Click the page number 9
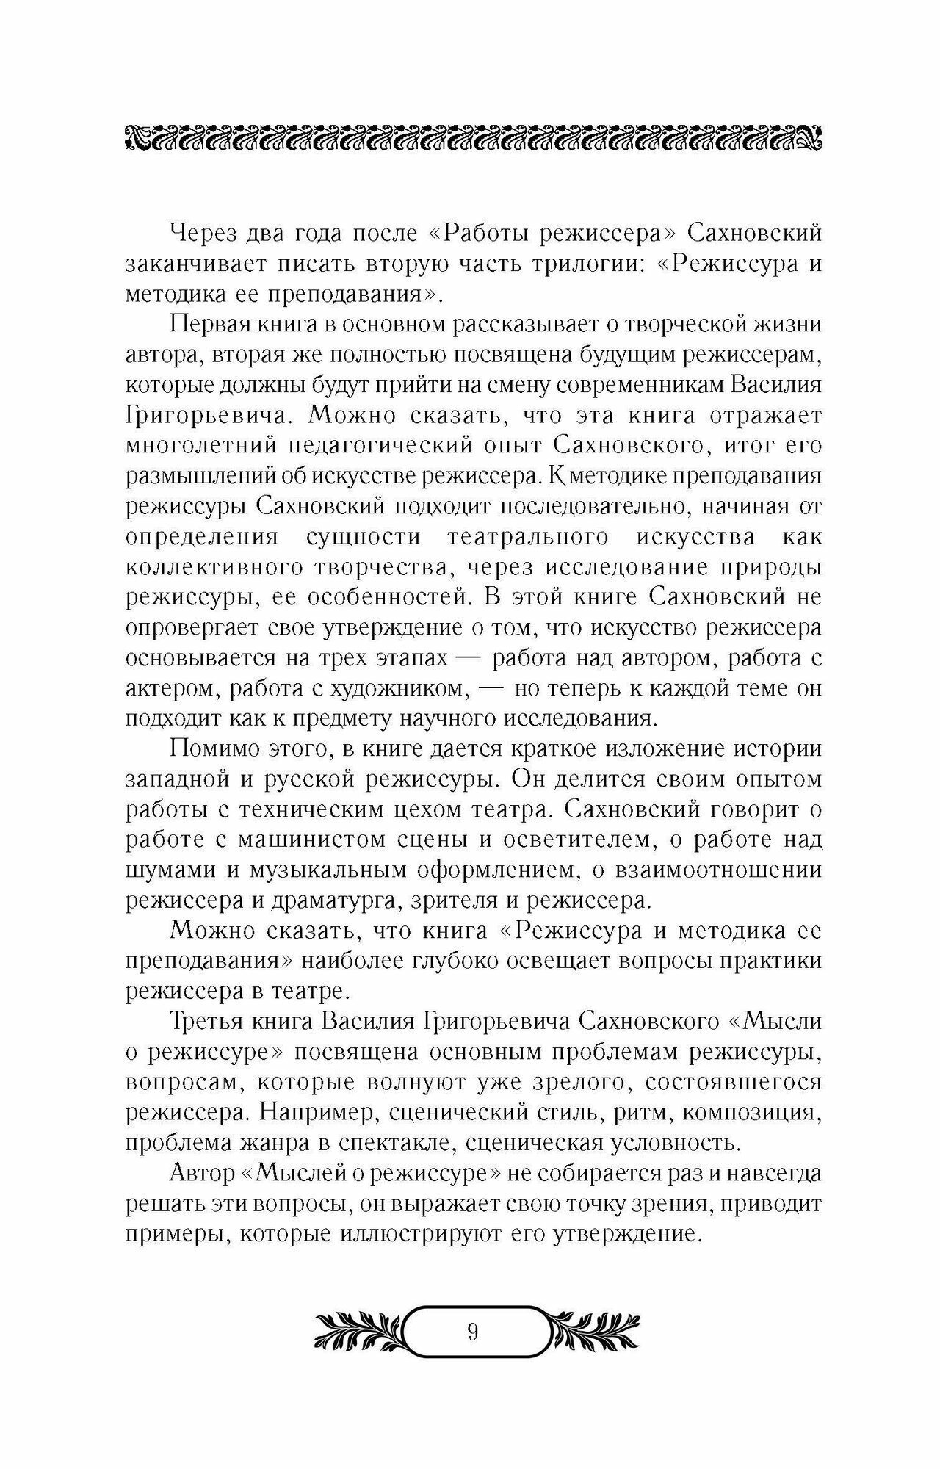(x=472, y=1331)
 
